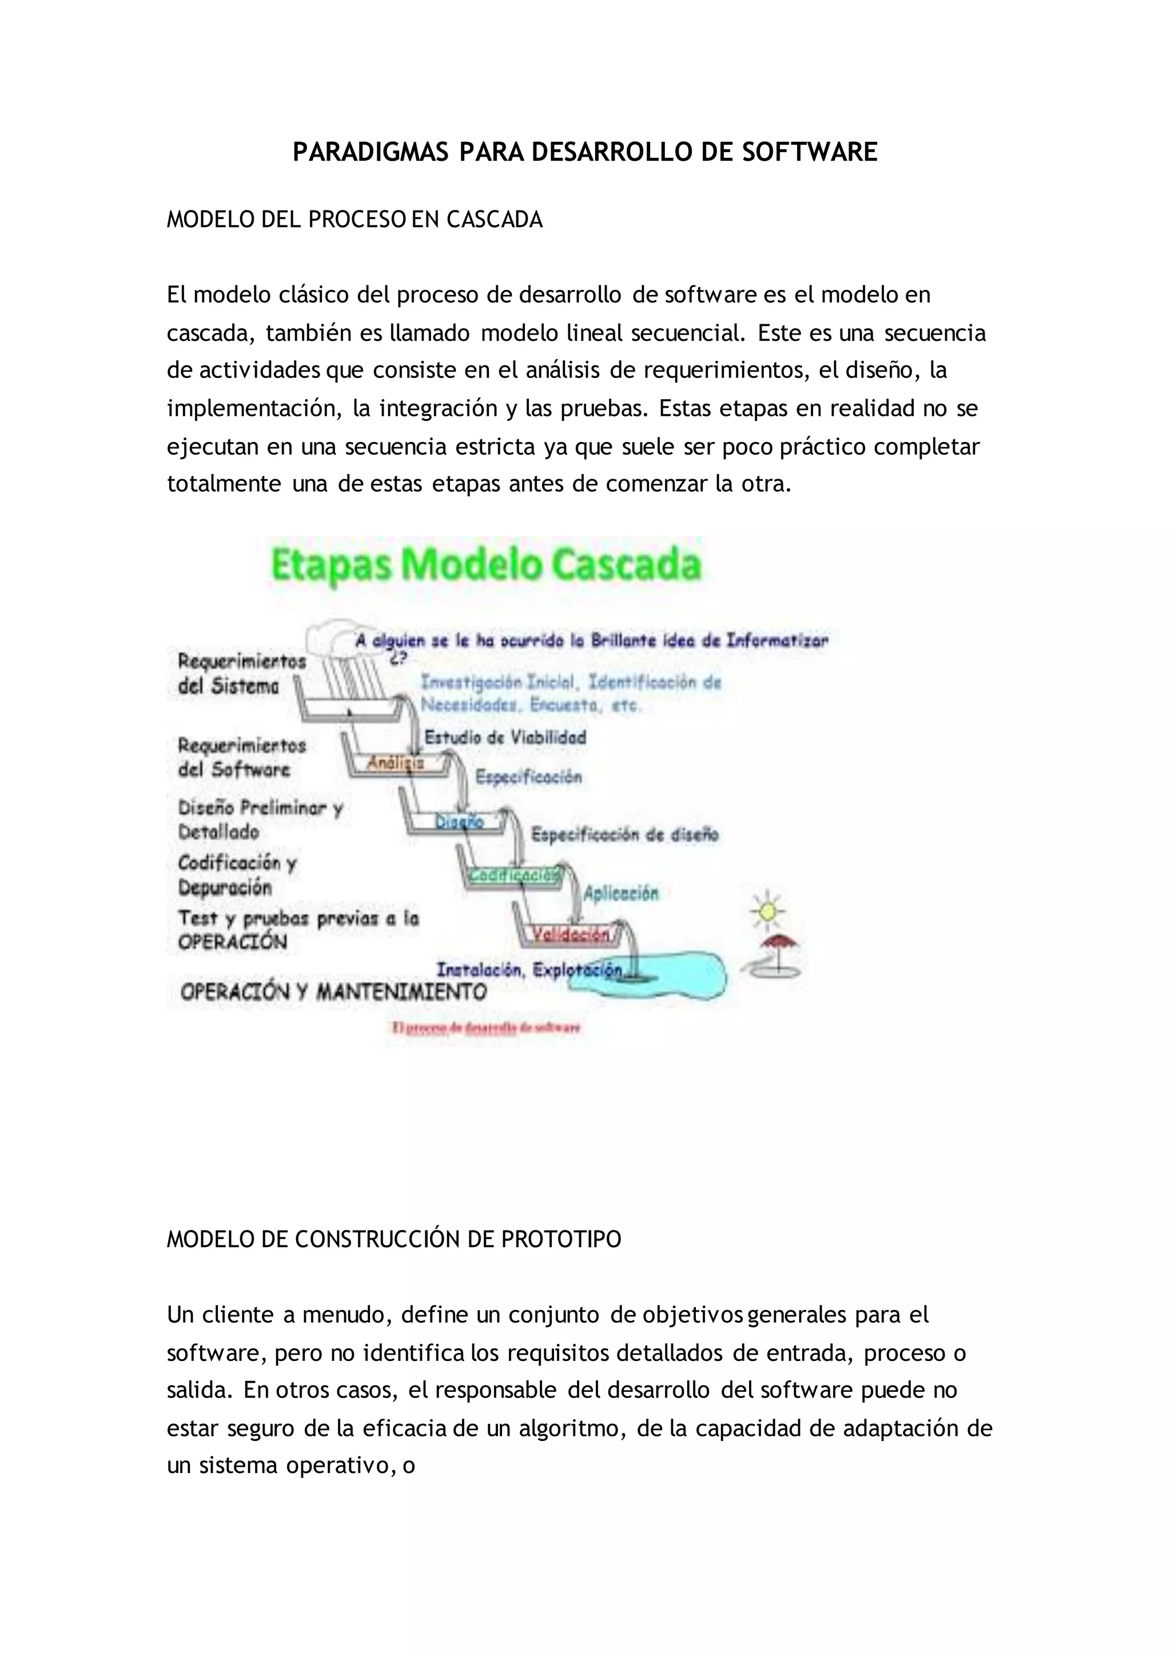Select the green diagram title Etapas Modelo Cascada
[484, 565]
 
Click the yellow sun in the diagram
[767, 910]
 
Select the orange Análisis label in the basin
[396, 762]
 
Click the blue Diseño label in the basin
[459, 821]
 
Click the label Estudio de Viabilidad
[505, 737]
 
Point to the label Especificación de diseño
[624, 834]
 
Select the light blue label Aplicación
[621, 893]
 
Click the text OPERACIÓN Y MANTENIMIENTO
[333, 992]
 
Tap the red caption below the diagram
[486, 1028]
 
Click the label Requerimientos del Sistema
[241, 673]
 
